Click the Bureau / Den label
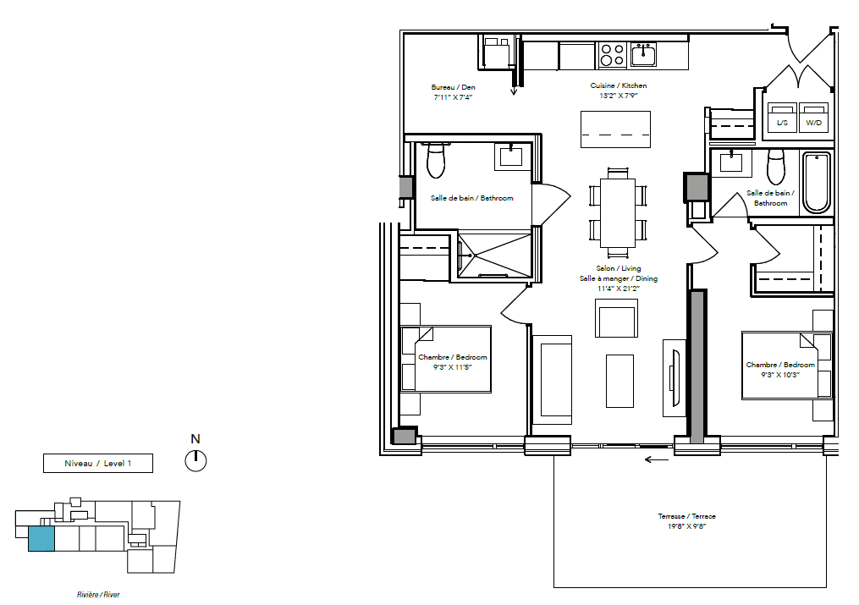pyautogui.click(x=453, y=87)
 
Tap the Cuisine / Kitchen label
pyautogui.click(x=619, y=85)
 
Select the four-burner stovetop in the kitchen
pyautogui.click(x=612, y=55)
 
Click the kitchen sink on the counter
pyautogui.click(x=643, y=55)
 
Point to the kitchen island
pyautogui.click(x=616, y=129)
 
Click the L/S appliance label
pyautogui.click(x=782, y=123)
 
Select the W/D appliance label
pyautogui.click(x=813, y=123)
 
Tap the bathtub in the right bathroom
pyautogui.click(x=817, y=183)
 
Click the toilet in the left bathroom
pyautogui.click(x=436, y=160)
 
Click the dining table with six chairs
pyautogui.click(x=618, y=213)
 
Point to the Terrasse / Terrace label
pyautogui.click(x=687, y=516)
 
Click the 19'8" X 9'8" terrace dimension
pyautogui.click(x=687, y=526)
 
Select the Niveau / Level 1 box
pyautogui.click(x=98, y=463)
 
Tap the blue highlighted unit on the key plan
pyautogui.click(x=41, y=539)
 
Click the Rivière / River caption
pyautogui.click(x=99, y=595)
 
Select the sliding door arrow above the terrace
pyautogui.click(x=656, y=459)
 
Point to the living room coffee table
pyautogui.click(x=619, y=381)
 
